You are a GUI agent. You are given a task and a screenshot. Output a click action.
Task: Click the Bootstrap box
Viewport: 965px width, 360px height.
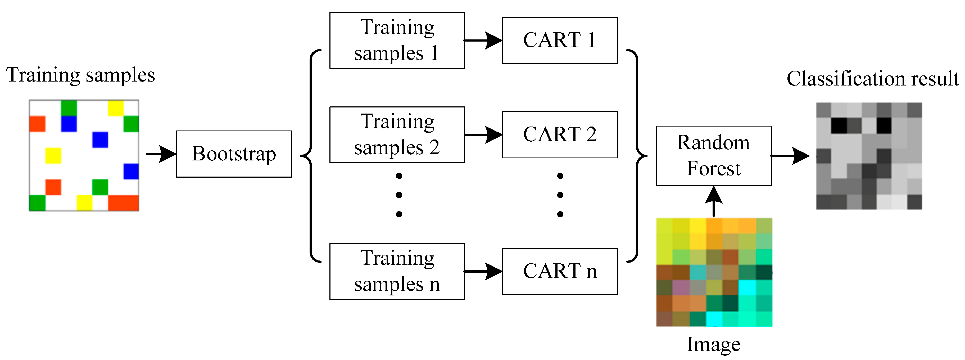pyautogui.click(x=234, y=154)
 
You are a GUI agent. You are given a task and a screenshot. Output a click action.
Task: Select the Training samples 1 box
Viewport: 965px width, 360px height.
pyautogui.click(x=397, y=40)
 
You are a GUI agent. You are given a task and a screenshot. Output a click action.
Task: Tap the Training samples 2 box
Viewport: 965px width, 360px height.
pyautogui.click(x=397, y=135)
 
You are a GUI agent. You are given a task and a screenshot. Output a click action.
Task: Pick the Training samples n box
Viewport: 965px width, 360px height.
pyautogui.click(x=397, y=271)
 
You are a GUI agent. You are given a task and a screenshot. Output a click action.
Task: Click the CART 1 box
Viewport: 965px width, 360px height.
pyautogui.click(x=560, y=40)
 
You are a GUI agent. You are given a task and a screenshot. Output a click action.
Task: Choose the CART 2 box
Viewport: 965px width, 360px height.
pyautogui.click(x=560, y=135)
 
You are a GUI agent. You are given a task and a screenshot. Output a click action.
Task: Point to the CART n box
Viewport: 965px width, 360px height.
pyautogui.click(x=560, y=271)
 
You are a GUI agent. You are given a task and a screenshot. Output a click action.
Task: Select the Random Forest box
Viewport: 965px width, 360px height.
pyautogui.click(x=713, y=156)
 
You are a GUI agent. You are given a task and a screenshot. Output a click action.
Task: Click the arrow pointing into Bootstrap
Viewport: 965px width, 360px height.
pyautogui.click(x=160, y=154)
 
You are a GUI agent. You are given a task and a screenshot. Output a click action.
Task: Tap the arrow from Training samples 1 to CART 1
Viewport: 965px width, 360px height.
pyautogui.click(x=483, y=40)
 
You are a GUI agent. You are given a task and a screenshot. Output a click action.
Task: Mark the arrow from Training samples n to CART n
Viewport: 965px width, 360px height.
pyautogui.click(x=483, y=271)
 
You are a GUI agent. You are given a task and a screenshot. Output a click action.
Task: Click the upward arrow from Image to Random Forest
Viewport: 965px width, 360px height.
pyautogui.click(x=714, y=201)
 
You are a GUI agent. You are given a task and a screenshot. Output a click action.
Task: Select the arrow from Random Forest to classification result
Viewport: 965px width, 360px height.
pyautogui.click(x=790, y=156)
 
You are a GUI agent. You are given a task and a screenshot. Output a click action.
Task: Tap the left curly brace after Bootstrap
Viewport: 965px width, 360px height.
pyautogui.click(x=311, y=155)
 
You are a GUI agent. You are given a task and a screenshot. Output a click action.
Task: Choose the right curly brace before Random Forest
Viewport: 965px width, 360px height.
pyautogui.click(x=637, y=155)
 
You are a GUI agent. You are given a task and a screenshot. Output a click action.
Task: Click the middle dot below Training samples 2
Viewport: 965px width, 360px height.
pyautogui.click(x=399, y=195)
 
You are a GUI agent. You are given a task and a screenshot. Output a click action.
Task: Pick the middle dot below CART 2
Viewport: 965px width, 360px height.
pyautogui.click(x=560, y=195)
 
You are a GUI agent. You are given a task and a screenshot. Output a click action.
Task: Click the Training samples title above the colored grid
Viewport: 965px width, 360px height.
pyautogui.click(x=80, y=75)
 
